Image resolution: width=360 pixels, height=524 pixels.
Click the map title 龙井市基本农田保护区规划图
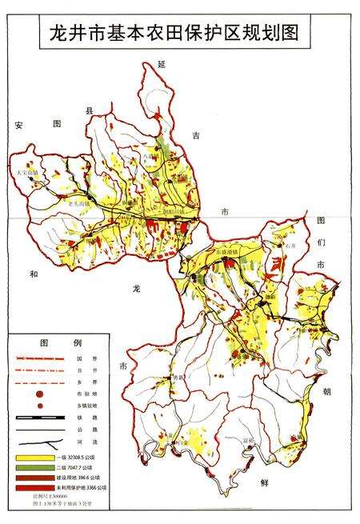[x=180, y=34]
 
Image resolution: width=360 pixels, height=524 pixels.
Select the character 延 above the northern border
[x=162, y=62]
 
